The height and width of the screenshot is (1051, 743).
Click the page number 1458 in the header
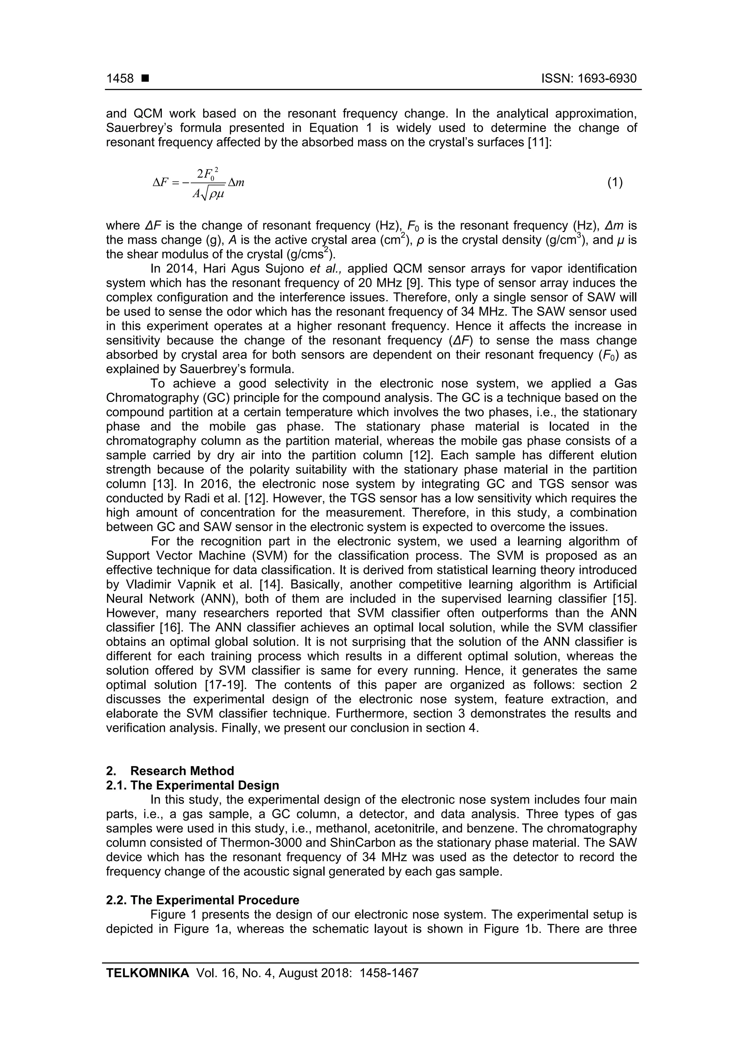[x=120, y=79]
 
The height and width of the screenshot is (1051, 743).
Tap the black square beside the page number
[x=145, y=79]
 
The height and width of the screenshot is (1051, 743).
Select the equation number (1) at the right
[x=615, y=182]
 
